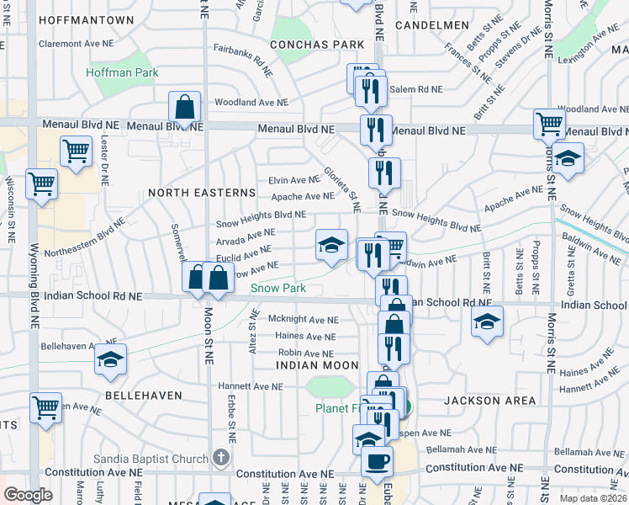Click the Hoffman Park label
point(122,73)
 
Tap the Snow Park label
point(278,288)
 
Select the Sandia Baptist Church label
point(163,459)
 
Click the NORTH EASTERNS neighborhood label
point(189,193)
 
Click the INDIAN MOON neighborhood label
point(317,365)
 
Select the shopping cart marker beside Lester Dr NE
point(76,151)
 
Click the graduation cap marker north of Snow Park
point(331,245)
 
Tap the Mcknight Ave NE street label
point(303,320)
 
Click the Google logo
point(28,495)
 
